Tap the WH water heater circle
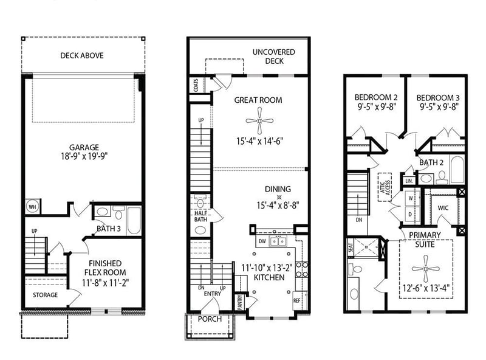point(32,206)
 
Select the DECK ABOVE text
point(81,55)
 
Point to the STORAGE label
point(45,295)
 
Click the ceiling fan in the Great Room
point(260,120)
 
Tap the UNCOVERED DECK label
point(273,57)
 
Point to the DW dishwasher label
point(262,241)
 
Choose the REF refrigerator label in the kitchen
point(297,300)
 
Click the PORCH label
point(210,319)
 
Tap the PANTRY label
point(240,302)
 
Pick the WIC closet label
point(442,207)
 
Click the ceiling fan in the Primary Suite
point(425,268)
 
